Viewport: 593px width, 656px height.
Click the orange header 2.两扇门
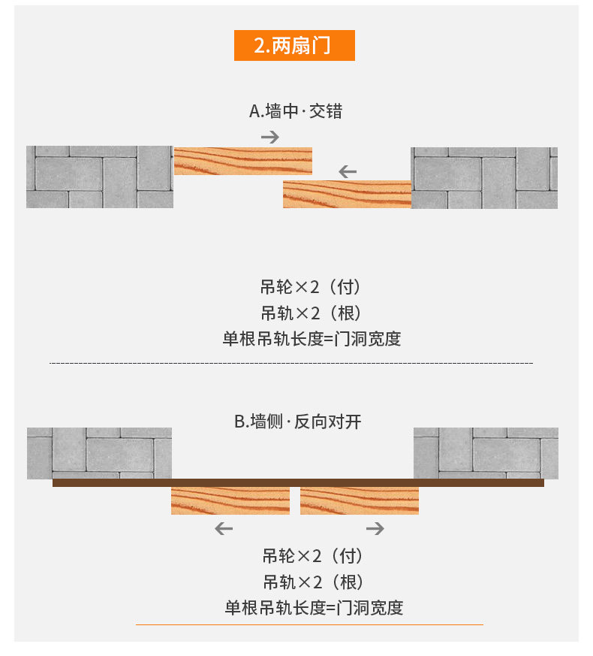tap(293, 45)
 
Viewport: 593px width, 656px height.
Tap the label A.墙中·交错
tap(296, 111)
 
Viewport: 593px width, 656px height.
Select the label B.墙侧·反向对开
tap(298, 422)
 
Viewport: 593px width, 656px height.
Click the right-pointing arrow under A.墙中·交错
tap(270, 137)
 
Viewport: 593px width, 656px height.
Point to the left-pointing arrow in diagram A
tap(347, 172)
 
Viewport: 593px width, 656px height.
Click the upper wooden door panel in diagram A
tap(242, 162)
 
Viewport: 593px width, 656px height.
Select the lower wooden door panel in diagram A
tap(347, 194)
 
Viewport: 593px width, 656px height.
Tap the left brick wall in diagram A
tap(100, 177)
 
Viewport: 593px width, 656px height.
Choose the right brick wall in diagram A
tap(484, 177)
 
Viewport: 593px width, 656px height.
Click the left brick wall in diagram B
tap(99, 452)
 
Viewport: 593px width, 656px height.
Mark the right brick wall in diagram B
tap(486, 452)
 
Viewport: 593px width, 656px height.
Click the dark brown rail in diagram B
tap(298, 482)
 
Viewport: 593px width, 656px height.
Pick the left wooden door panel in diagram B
tap(230, 500)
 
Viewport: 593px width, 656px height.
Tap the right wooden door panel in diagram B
tap(359, 500)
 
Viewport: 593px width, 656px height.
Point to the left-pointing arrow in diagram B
tap(224, 529)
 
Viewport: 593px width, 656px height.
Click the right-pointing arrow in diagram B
tap(375, 529)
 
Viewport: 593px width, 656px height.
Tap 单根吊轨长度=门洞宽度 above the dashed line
tap(312, 338)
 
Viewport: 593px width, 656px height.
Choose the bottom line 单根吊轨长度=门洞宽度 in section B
tap(314, 607)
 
